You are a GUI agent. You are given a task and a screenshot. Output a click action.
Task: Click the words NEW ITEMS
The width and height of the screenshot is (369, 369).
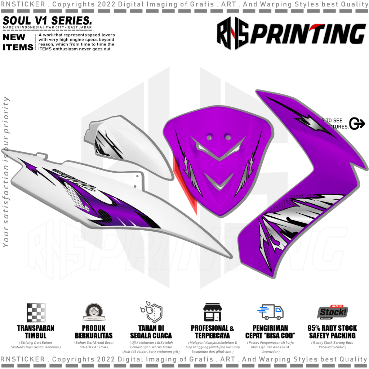click(18, 42)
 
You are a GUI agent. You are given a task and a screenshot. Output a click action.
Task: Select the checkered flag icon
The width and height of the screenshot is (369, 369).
click(36, 312)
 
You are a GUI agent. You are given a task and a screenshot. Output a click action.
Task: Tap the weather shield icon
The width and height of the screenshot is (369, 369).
click(151, 312)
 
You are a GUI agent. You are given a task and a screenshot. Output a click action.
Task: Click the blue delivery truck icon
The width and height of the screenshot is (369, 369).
click(270, 312)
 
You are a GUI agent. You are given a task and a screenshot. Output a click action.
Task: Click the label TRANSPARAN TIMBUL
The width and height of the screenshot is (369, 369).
click(36, 332)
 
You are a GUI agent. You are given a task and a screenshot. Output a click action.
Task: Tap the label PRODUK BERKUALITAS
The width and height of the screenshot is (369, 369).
click(94, 332)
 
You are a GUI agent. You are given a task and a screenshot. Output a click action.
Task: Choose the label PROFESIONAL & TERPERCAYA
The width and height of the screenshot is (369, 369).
click(212, 332)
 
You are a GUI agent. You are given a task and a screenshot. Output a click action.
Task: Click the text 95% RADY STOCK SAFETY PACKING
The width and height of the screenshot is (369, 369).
click(332, 332)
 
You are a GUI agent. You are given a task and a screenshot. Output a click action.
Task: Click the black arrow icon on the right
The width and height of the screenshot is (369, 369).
click(357, 124)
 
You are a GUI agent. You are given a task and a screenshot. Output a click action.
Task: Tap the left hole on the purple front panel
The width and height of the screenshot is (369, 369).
click(209, 137)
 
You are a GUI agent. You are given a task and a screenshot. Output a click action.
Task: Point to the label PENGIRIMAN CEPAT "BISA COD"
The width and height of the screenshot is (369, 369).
click(270, 332)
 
